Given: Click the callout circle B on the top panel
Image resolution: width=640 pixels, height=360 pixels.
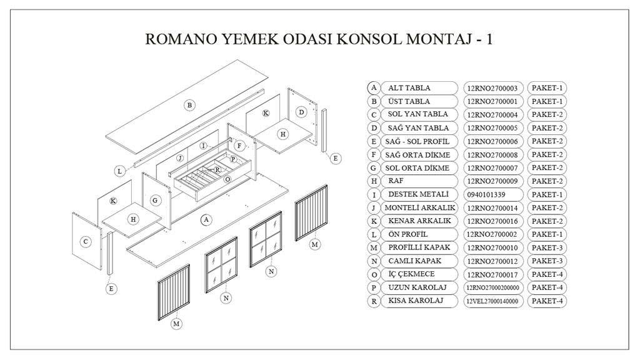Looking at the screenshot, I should [x=189, y=105].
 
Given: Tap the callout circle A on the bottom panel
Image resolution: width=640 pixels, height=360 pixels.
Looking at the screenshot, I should [x=206, y=219].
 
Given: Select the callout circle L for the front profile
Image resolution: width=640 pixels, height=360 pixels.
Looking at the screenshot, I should [x=119, y=171].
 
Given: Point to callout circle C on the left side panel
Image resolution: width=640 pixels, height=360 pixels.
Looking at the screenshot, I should [x=86, y=241].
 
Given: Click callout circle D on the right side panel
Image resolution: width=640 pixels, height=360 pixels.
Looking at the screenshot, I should [x=301, y=112].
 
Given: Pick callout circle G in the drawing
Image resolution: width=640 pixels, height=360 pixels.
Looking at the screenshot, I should [x=155, y=201].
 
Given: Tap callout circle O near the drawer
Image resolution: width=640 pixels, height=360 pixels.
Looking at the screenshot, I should [x=227, y=179].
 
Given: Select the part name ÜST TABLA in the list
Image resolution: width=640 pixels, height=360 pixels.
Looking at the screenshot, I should [x=409, y=101].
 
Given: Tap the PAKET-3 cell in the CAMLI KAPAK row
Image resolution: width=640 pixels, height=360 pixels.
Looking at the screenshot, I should [x=547, y=261].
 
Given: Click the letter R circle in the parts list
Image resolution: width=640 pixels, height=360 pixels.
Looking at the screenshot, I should [x=374, y=301].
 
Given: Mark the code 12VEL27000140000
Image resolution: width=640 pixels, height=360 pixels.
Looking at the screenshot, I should [x=492, y=301].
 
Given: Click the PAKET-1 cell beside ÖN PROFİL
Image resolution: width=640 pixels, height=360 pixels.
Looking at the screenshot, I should [x=547, y=234].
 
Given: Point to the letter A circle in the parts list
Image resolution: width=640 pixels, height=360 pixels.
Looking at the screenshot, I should [x=374, y=88].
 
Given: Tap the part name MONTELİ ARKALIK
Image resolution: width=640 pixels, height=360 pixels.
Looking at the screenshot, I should [x=420, y=207].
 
